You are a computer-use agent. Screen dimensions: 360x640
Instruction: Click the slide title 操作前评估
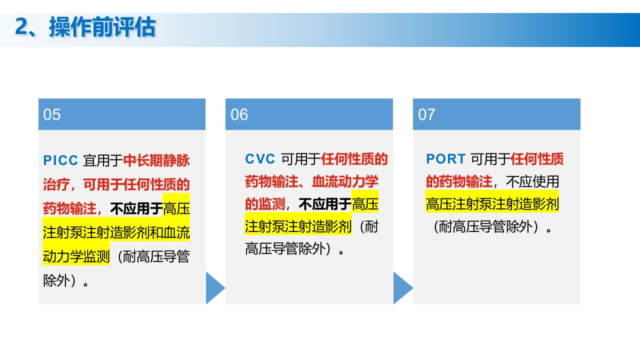(x=102, y=27)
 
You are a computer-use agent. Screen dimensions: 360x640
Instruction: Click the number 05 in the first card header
(x=52, y=114)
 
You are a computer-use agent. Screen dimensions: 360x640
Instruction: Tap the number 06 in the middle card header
(x=239, y=114)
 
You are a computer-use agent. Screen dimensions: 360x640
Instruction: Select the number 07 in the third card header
(x=426, y=114)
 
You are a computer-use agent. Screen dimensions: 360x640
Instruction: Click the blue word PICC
(x=60, y=160)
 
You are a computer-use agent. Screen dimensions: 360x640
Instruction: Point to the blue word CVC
(x=260, y=159)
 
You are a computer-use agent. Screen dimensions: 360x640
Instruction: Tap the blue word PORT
(x=445, y=159)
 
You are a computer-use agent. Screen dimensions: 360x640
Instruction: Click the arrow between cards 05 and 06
(x=214, y=288)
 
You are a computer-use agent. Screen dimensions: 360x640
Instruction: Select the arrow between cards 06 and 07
(x=402, y=288)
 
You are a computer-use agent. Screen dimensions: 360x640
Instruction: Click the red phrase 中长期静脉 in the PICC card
(x=156, y=160)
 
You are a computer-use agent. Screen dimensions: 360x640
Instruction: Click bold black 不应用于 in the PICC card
(x=136, y=208)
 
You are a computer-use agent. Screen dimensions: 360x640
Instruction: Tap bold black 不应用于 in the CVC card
(x=325, y=204)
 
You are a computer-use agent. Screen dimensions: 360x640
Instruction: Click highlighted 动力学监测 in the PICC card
(x=76, y=256)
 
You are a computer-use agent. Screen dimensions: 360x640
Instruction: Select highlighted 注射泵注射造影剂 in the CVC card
(x=298, y=226)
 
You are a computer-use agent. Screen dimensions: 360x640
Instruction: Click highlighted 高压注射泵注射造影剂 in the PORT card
(x=492, y=204)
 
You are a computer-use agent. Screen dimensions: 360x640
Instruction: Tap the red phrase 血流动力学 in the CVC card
(x=345, y=181)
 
